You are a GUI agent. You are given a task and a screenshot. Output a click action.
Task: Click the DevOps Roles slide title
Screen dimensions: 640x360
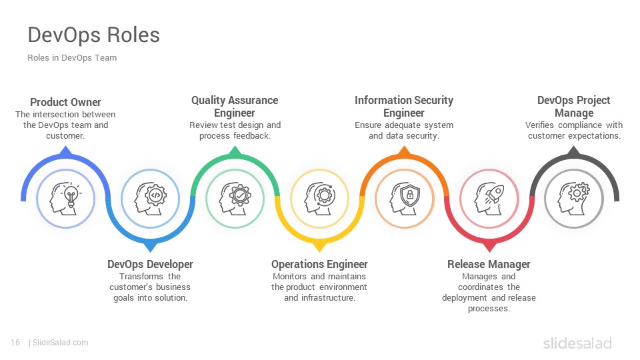[x=93, y=35]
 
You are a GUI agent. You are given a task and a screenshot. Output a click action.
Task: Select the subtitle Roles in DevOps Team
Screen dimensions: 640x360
[x=72, y=58]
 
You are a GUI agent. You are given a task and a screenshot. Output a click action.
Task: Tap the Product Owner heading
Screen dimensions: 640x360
[x=66, y=102]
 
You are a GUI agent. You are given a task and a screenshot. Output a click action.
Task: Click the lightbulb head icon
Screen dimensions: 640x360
[x=66, y=199]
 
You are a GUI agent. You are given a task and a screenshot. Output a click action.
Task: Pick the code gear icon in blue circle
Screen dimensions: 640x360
[x=150, y=199]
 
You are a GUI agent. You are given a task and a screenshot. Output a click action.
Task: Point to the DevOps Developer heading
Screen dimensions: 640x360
[x=150, y=264]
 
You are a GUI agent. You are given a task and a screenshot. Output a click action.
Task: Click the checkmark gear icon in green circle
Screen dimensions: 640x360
[x=235, y=199]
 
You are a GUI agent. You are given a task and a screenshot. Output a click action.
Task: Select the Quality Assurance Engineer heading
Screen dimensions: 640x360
[x=235, y=107]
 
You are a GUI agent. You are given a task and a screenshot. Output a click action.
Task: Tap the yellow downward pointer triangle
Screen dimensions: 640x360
[x=319, y=247]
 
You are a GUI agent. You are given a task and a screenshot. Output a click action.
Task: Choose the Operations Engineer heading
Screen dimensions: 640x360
[x=319, y=264]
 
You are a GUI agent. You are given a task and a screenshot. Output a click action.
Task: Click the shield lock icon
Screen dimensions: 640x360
[x=405, y=199]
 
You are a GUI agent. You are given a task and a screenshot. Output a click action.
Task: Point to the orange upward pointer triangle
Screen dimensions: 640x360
[x=404, y=151]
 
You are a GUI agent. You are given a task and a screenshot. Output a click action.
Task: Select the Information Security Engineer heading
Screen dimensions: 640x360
[x=404, y=107]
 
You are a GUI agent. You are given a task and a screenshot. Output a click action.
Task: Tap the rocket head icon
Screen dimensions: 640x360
[x=489, y=199]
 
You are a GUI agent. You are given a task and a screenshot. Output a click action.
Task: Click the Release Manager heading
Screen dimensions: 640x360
[x=489, y=264]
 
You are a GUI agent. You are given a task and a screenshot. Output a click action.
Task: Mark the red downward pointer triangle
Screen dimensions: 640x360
[x=489, y=247]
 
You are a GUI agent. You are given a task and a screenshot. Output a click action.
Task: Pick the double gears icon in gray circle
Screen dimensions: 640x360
[x=574, y=199]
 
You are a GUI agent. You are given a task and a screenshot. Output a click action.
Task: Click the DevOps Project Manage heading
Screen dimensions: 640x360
[x=574, y=107]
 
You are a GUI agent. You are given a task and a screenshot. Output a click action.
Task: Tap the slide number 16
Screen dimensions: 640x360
[x=15, y=343]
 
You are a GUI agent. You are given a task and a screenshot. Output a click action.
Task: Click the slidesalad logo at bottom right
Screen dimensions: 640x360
[x=577, y=343]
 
